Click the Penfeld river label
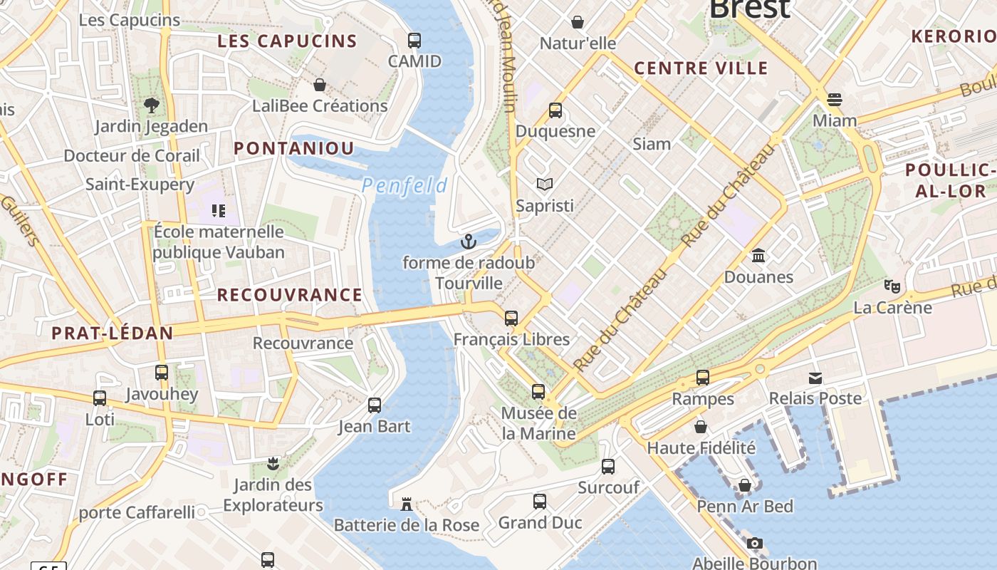404,186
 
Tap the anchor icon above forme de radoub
468,242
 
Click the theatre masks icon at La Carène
892,286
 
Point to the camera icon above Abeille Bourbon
755,544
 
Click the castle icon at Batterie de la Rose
407,504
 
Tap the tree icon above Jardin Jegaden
151,105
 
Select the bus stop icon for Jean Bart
375,405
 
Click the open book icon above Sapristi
545,185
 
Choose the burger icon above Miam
835,99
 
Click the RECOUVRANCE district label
289,295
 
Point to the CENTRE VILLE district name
701,68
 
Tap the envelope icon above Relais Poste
815,378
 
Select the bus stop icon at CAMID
414,41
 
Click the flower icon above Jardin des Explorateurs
272,465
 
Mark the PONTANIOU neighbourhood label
294,148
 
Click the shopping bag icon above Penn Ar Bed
745,486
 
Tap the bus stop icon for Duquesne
555,110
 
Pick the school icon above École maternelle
219,211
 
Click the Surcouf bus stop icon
608,467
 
